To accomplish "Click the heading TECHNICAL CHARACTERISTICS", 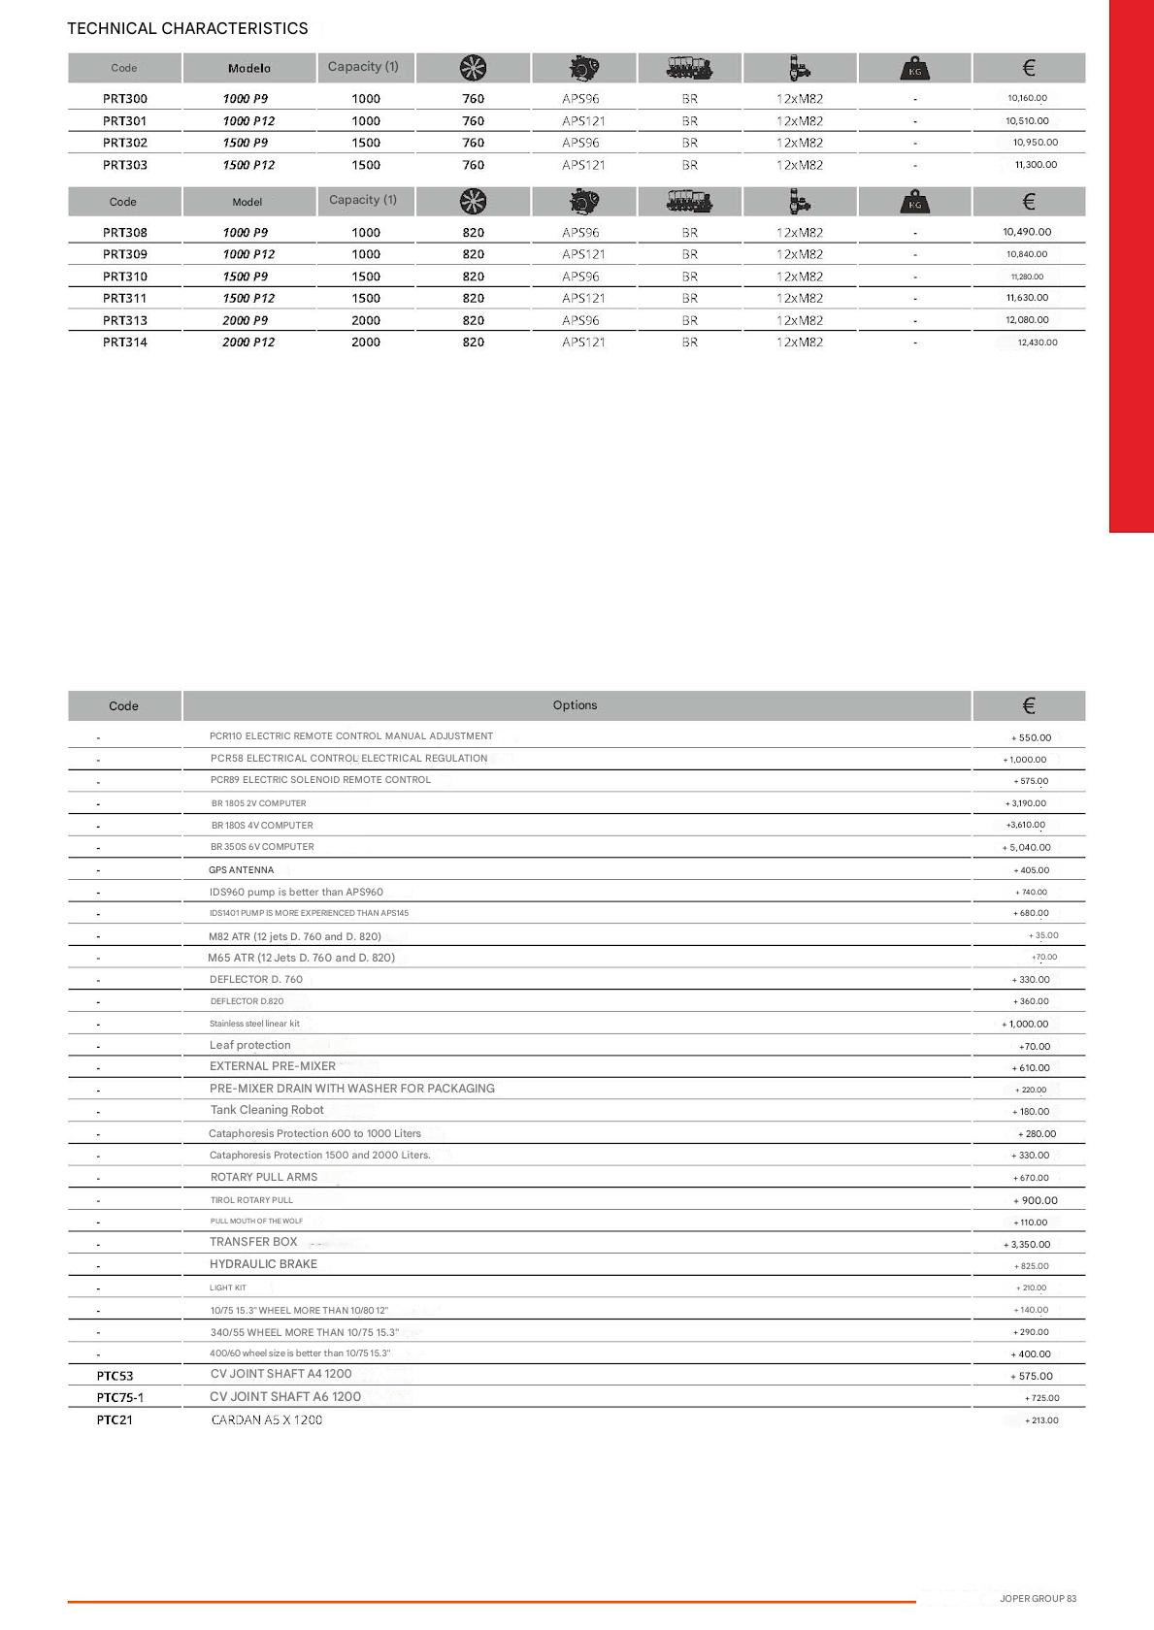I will point(187,29).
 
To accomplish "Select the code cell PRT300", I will point(125,99).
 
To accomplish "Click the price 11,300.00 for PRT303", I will point(1036,165).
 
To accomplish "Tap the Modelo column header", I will point(249,68).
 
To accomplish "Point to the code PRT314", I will point(125,342).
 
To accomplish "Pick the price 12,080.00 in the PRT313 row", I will point(1029,320).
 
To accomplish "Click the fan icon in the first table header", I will point(473,68).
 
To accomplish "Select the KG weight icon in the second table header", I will point(914,202).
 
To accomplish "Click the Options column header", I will point(576,705).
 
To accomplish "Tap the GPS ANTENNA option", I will point(242,870).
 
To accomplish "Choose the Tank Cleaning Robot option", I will point(267,1110).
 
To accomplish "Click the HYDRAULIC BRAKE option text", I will point(263,1264).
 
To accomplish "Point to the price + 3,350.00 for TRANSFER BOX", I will point(1027,1245).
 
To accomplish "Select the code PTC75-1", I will point(120,1398).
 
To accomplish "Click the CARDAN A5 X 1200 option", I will point(267,1420).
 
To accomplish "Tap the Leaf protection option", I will point(250,1045).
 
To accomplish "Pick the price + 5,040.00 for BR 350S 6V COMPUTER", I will point(1027,848).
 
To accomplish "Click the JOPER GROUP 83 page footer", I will point(1038,1599).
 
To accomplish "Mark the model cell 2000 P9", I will point(245,320).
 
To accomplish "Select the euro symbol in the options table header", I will point(1029,705).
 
